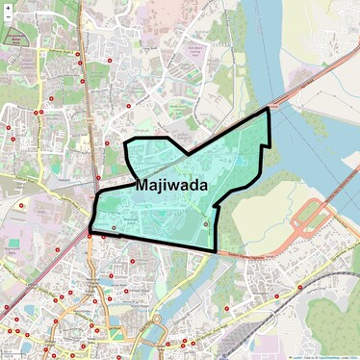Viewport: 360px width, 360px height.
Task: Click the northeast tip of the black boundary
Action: coord(270,110)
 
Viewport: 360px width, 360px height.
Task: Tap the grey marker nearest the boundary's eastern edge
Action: coord(205,223)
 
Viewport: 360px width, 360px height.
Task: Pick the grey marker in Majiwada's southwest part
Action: coord(114,227)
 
